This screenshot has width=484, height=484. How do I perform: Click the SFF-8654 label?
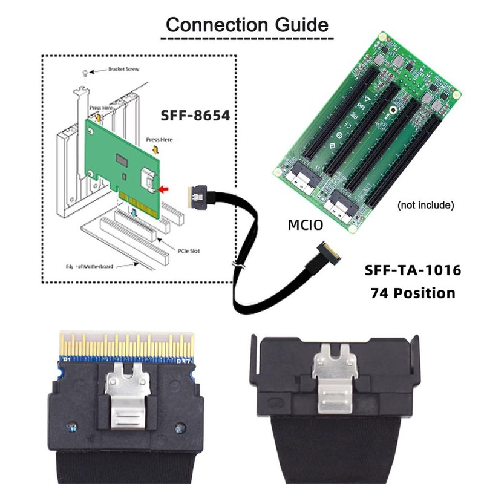click(195, 115)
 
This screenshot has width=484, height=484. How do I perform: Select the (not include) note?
click(425, 205)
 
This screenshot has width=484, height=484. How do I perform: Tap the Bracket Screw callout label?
click(124, 70)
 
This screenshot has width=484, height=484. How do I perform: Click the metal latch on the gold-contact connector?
click(126, 396)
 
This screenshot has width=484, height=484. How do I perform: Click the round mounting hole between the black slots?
click(393, 110)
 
